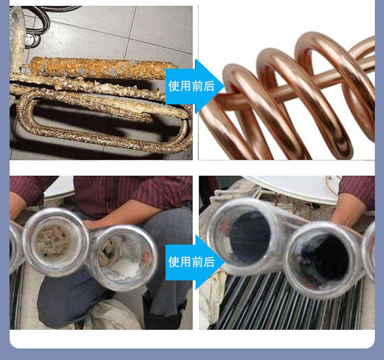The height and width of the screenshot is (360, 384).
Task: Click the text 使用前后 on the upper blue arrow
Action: (191, 86)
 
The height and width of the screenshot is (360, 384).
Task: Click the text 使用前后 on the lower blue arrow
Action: (191, 262)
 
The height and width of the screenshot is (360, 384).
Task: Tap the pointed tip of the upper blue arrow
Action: (225, 86)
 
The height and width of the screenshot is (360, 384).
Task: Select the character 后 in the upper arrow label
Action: (209, 86)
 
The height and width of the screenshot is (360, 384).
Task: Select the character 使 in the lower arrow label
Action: (174, 262)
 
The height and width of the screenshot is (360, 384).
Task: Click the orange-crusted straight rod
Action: (103, 67)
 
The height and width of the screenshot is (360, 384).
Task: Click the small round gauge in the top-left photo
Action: (30, 40)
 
